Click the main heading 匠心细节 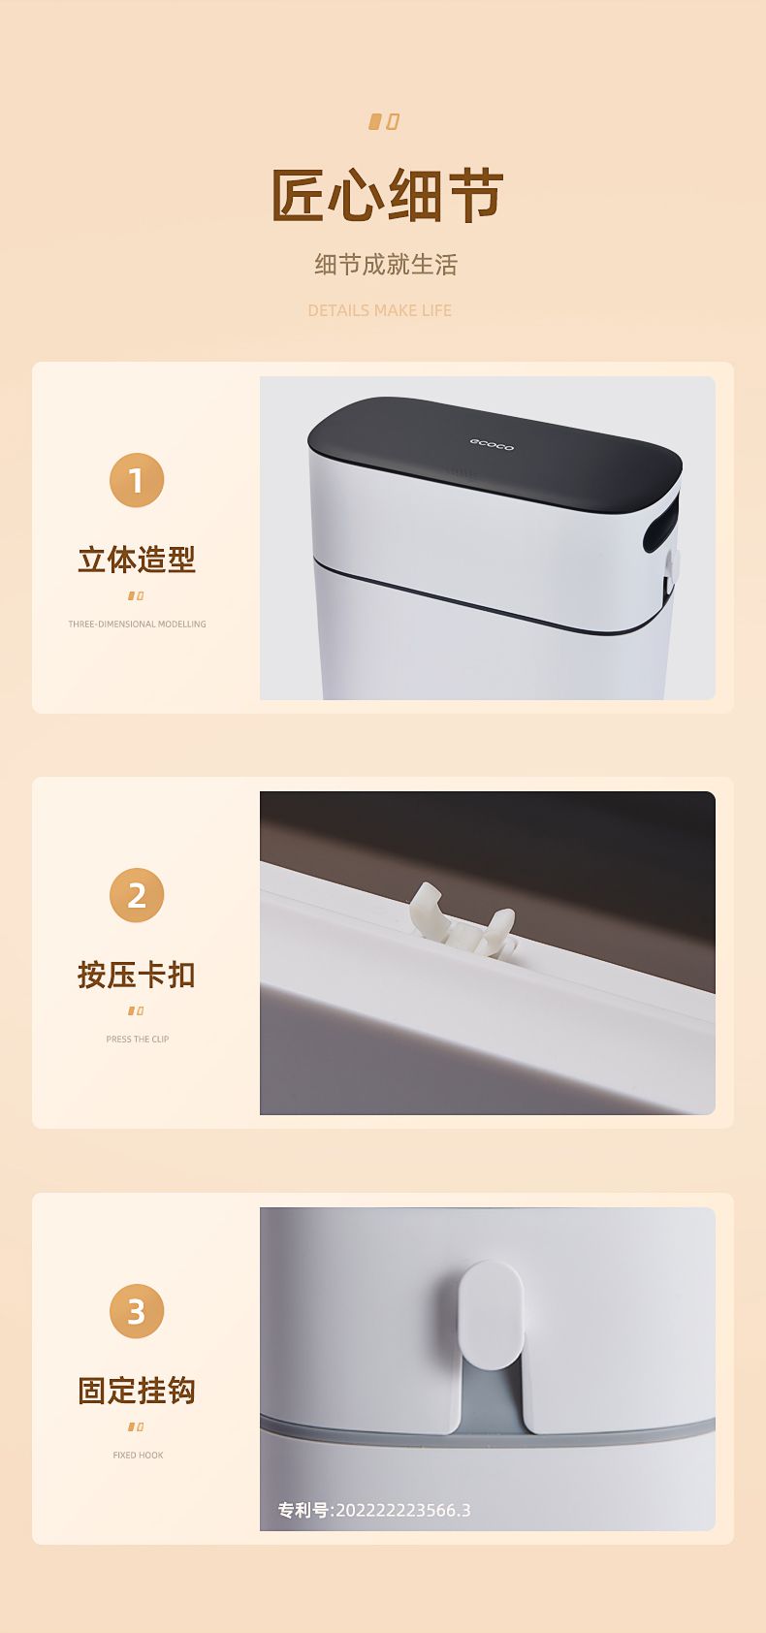pos(387,195)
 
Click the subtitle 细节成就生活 pos(386,264)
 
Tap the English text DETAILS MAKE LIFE pos(380,310)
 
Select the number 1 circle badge pos(137,480)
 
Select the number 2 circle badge pos(137,895)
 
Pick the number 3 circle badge pos(137,1311)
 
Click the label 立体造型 pos(137,560)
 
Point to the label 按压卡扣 pos(137,976)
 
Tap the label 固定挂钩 pos(137,1391)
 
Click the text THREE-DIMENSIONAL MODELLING pos(137,624)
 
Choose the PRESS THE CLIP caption pos(137,1039)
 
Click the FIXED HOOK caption pos(138,1456)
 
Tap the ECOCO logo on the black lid pos(492,444)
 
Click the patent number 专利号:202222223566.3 pos(374,1510)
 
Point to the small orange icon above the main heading pos(384,122)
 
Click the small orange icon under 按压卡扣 pos(137,1010)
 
